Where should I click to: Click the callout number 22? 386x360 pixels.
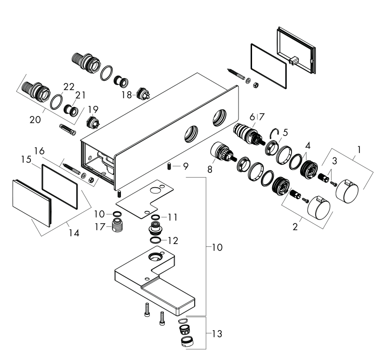(x=69, y=87)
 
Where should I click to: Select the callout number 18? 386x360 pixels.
(x=127, y=95)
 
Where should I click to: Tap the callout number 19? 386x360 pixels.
(x=93, y=109)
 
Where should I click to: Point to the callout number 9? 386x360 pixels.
(x=186, y=167)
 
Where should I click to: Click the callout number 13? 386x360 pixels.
(x=217, y=334)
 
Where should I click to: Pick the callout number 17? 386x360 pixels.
(x=100, y=227)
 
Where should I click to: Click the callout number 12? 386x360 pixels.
(x=173, y=241)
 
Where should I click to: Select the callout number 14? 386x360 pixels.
(x=74, y=232)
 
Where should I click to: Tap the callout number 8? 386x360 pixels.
(x=210, y=169)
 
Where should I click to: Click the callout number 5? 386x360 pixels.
(x=285, y=132)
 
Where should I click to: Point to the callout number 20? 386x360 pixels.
(x=35, y=120)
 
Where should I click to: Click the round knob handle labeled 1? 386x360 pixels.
(x=347, y=191)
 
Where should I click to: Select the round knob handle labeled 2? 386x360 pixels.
(x=319, y=208)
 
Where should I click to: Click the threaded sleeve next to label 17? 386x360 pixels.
(x=118, y=225)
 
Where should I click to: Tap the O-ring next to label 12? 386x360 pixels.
(x=155, y=240)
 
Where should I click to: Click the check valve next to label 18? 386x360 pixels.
(x=143, y=93)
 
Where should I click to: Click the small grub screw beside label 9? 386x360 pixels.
(x=169, y=167)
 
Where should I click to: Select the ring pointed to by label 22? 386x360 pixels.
(x=56, y=102)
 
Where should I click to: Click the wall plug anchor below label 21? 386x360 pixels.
(x=67, y=129)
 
